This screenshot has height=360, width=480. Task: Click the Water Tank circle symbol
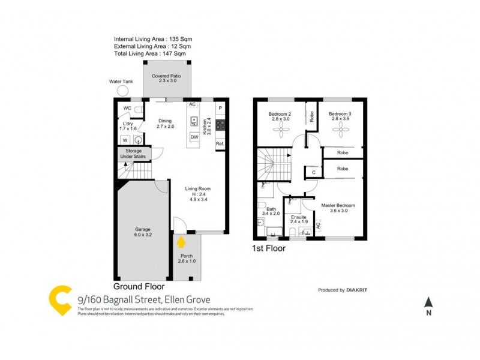tap(123, 91)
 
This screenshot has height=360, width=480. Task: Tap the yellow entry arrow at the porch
tap(181, 242)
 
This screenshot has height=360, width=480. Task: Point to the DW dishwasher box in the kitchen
tap(194, 137)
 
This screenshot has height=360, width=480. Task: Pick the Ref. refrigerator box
tap(220, 144)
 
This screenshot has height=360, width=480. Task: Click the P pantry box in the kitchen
tap(220, 108)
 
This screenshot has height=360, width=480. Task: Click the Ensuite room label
tap(298, 219)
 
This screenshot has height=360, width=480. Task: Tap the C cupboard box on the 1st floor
tap(312, 173)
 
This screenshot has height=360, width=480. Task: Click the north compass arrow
tap(428, 302)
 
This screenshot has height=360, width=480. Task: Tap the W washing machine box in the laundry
tap(125, 140)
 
